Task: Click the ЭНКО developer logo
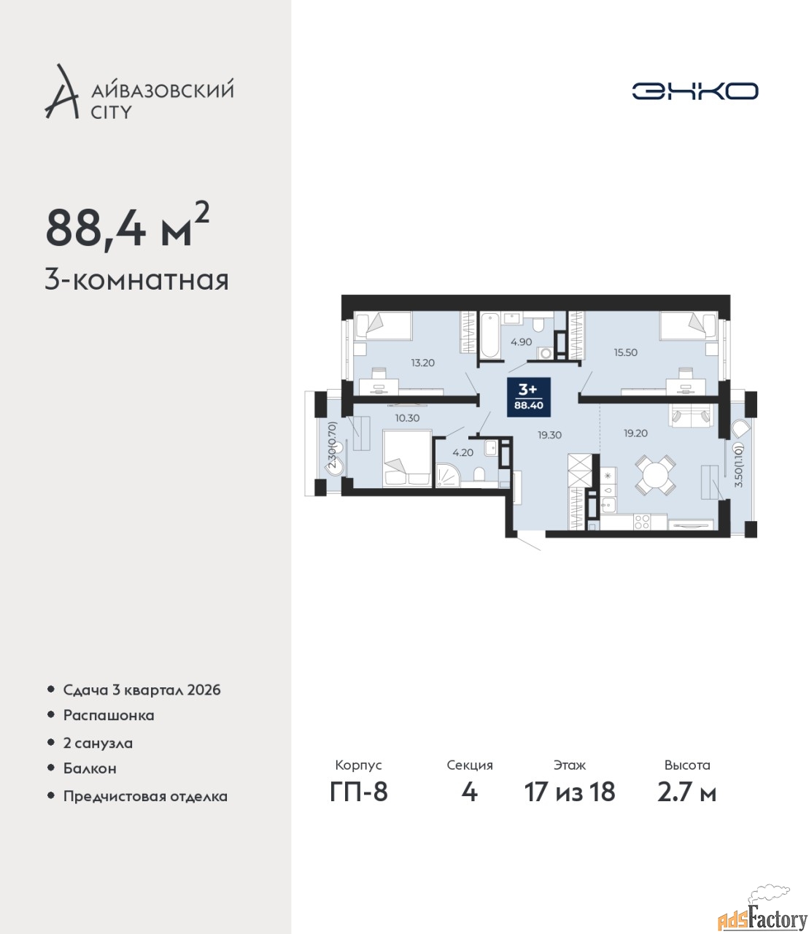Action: pos(694,90)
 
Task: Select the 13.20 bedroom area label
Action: pos(422,363)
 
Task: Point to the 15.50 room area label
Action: pos(625,352)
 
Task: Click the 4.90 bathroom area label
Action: pos(521,342)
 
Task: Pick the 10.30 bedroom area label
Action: pos(407,418)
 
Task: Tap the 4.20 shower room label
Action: pos(463,452)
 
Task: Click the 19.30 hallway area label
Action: pos(549,435)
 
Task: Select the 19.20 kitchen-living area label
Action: pos(635,433)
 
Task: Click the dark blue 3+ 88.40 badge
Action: pos(528,397)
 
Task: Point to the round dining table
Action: pos(655,475)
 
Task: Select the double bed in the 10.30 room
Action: pos(407,459)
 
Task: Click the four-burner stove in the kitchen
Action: pos(641,522)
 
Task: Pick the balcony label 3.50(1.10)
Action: pos(738,466)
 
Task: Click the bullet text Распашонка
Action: pos(109,716)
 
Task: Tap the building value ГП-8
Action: pos(359,792)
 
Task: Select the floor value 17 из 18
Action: pos(570,792)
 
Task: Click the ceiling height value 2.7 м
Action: pos(686,792)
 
